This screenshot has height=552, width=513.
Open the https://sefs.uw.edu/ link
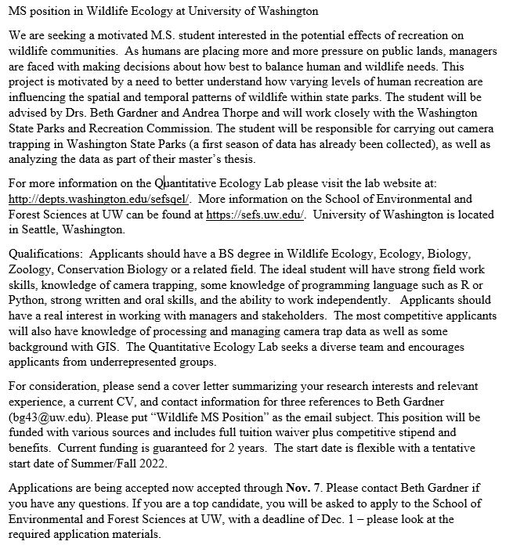[x=255, y=215]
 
